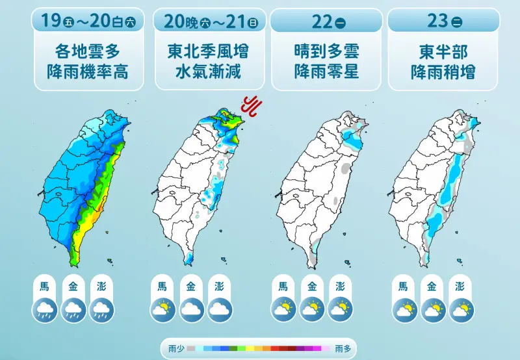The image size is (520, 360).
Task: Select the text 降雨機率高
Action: pos(88,71)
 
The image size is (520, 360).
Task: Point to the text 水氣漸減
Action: pos(209,71)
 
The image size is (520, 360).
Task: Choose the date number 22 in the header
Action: pos(321,21)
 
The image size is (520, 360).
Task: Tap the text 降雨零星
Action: pos(326,71)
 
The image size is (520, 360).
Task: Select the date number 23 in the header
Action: pos(438,21)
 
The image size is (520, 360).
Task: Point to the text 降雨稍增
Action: pos(443,71)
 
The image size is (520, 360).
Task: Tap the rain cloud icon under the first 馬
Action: pos(45,309)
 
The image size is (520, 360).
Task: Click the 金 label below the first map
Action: pos(73,286)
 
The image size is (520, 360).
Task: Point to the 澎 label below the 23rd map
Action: pos(460,286)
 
